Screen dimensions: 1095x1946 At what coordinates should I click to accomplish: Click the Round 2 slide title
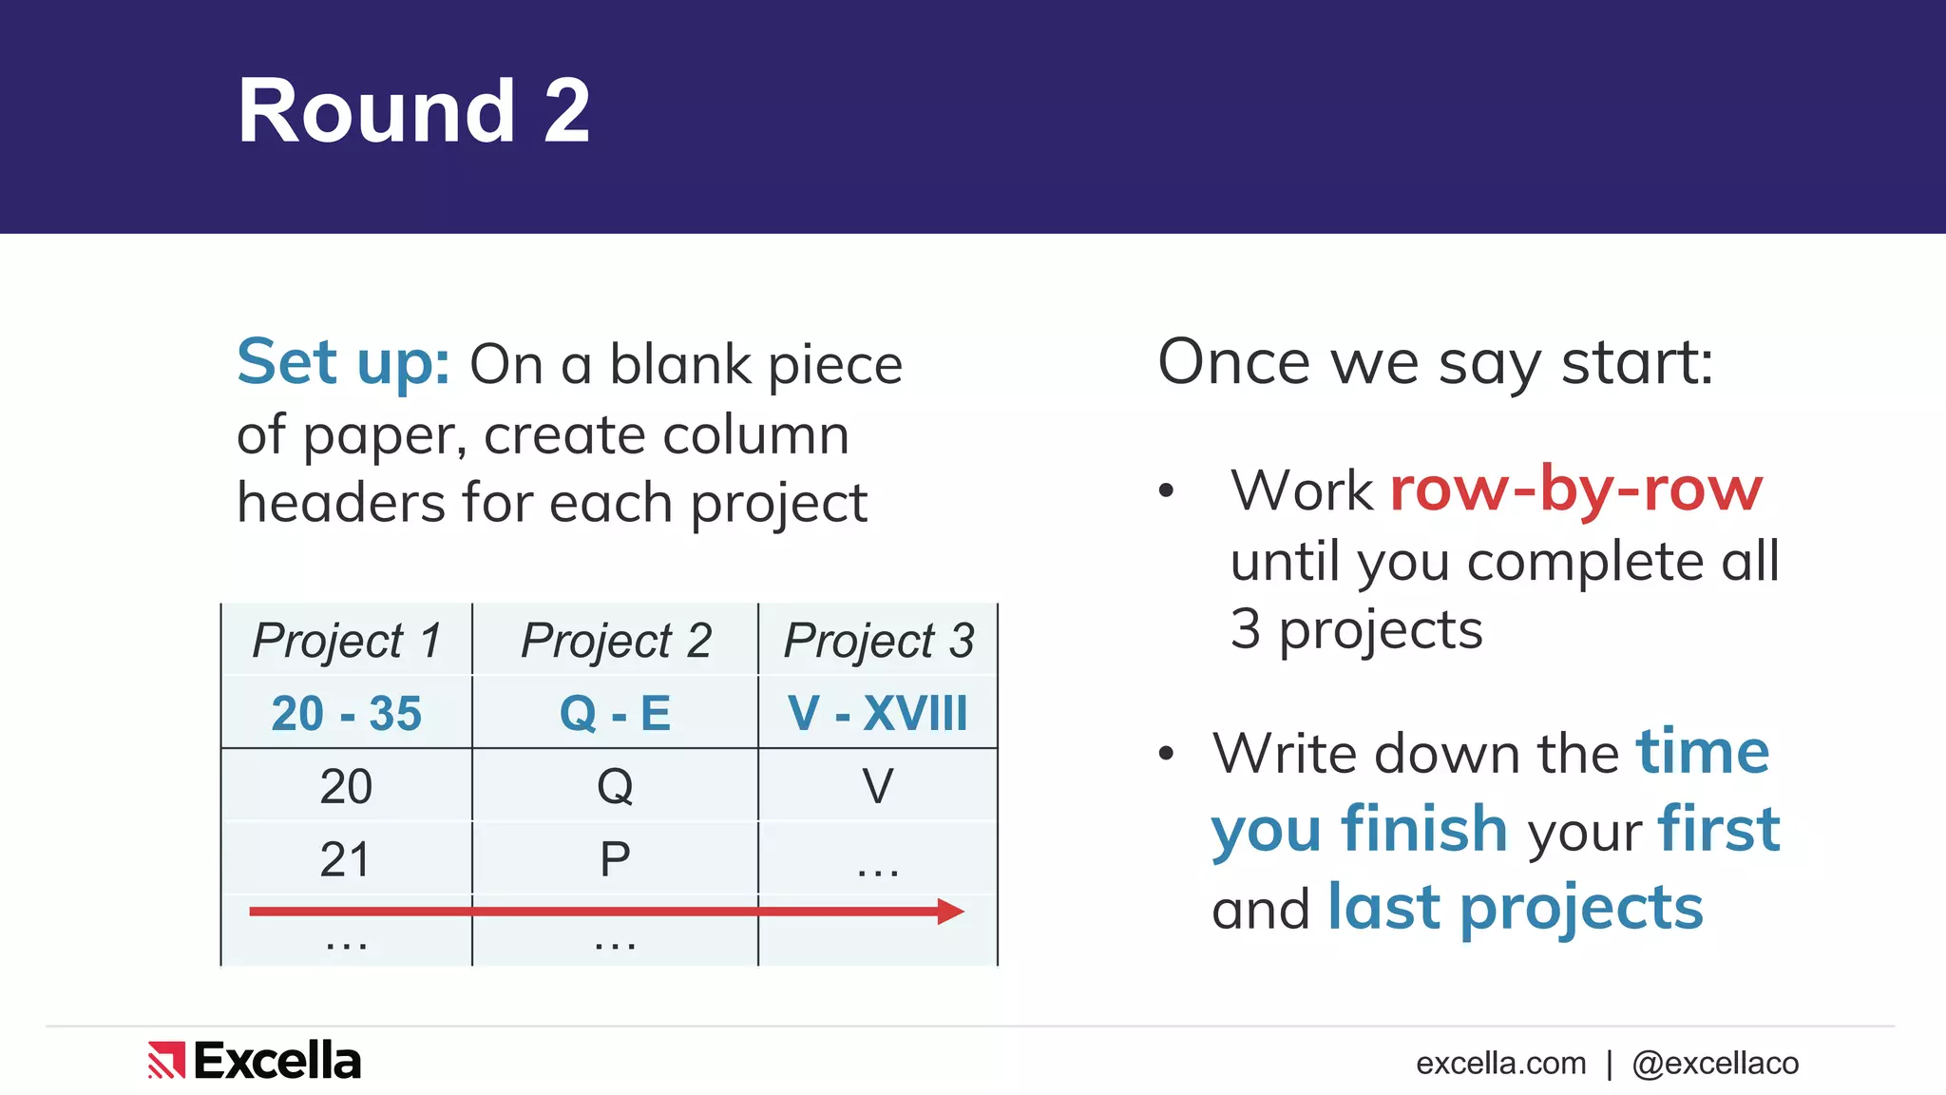tap(413, 112)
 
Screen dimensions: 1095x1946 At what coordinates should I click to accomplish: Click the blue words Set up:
tap(343, 363)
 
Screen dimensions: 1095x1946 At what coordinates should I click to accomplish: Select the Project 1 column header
tap(347, 640)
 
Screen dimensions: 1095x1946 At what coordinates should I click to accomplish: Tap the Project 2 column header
tap(616, 640)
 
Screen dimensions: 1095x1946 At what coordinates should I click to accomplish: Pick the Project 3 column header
tap(878, 640)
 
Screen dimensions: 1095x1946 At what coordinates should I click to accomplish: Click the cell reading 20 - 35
tap(347, 713)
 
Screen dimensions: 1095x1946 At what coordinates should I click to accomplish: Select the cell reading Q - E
tap(616, 713)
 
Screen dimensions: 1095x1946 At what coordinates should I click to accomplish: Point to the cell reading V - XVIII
tap(878, 713)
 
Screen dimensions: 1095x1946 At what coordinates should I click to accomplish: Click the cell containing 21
tap(346, 859)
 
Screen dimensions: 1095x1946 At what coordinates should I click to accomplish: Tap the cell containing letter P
tap(615, 859)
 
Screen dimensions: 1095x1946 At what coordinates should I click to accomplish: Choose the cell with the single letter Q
tap(615, 786)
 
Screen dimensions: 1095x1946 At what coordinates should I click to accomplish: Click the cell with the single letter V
tap(878, 786)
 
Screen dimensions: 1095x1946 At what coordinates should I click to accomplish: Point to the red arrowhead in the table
tap(950, 912)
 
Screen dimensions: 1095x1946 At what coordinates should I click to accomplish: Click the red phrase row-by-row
tap(1575, 490)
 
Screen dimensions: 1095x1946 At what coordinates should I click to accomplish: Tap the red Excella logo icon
tap(166, 1061)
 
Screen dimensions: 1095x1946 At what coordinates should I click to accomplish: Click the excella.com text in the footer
tap(1500, 1064)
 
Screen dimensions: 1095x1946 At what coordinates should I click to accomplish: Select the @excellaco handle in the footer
tap(1715, 1064)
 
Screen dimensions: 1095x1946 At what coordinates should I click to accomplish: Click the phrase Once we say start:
tap(1435, 363)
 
